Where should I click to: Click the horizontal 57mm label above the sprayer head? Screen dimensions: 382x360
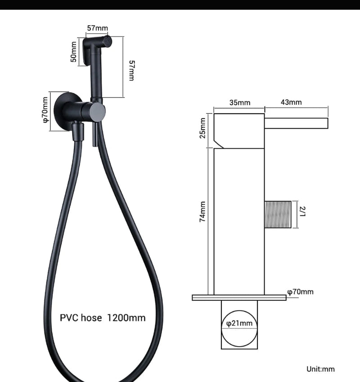[98, 28]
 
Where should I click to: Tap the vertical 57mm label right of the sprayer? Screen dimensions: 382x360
[131, 70]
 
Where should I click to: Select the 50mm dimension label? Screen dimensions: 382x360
[74, 52]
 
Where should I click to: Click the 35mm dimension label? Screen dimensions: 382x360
[240, 102]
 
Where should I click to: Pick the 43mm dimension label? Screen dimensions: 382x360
[291, 102]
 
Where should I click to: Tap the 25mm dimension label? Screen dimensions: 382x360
[203, 128]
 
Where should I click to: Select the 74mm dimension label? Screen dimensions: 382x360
[203, 211]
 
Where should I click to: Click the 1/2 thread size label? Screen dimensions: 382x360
[302, 212]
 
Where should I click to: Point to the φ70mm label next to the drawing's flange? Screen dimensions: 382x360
[301, 292]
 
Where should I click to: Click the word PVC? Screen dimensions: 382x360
[70, 318]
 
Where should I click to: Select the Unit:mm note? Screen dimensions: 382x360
[320, 369]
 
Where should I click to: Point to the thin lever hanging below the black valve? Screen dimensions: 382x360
[95, 135]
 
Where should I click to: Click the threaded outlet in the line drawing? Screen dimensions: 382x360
[279, 214]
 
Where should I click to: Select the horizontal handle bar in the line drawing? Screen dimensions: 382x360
[296, 123]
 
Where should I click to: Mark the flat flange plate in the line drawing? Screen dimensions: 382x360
[239, 298]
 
